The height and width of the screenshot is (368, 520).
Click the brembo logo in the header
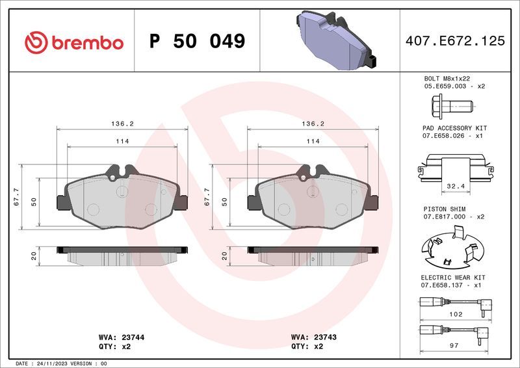[73, 42]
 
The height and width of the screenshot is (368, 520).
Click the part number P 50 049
[197, 42]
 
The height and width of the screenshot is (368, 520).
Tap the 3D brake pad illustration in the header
[333, 40]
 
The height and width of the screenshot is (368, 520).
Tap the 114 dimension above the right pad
[312, 141]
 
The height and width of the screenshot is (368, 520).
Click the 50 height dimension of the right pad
[224, 202]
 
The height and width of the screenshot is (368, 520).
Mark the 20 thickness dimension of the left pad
[34, 256]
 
